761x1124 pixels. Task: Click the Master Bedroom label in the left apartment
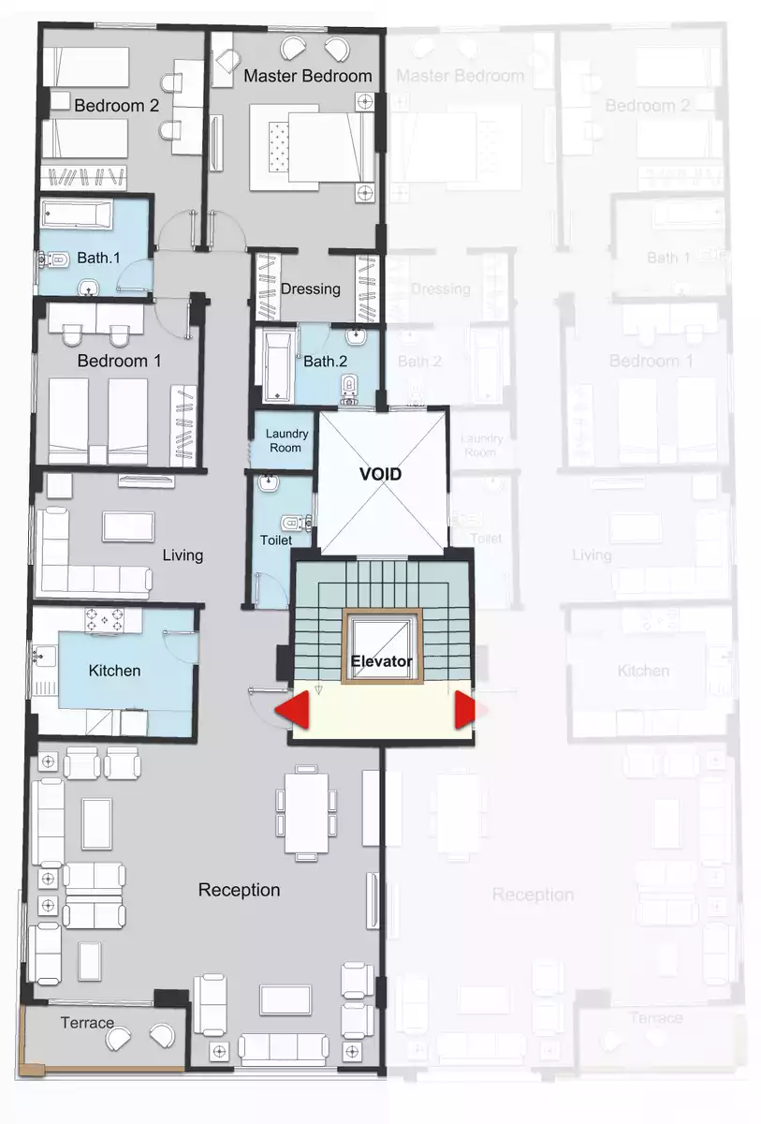[x=308, y=76]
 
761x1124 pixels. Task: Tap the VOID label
[x=381, y=474]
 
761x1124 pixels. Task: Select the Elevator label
[x=381, y=661]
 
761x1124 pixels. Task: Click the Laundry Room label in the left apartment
[x=285, y=440]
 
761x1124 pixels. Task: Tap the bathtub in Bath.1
[x=76, y=214]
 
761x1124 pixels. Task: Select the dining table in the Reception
[x=305, y=811]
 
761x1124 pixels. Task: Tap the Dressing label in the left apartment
[x=310, y=288]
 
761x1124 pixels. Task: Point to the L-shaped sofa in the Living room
[x=84, y=571]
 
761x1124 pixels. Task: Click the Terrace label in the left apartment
[x=87, y=1022]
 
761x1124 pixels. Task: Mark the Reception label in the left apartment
[x=239, y=890]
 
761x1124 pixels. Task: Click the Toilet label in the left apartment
[x=276, y=540]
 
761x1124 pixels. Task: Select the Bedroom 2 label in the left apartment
[x=117, y=106]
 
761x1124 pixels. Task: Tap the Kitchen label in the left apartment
[x=114, y=671]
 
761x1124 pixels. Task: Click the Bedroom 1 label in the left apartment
[x=112, y=361]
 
